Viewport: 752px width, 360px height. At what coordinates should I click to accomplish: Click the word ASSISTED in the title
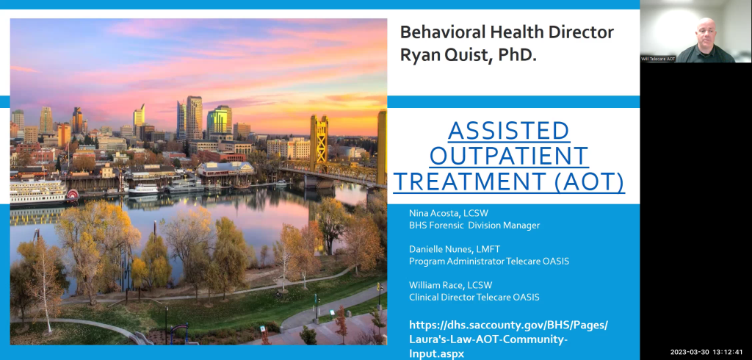[509, 131]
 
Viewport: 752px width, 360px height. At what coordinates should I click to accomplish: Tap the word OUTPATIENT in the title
[509, 156]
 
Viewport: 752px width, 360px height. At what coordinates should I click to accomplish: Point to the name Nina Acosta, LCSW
[449, 213]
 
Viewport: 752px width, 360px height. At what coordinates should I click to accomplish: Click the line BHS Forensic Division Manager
[474, 225]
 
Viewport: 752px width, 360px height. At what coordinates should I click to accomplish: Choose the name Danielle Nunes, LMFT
[455, 249]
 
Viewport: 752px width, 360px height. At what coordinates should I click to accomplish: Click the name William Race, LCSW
[450, 285]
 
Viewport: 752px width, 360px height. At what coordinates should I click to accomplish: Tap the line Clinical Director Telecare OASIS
[474, 297]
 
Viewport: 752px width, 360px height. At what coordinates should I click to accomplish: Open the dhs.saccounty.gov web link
[508, 339]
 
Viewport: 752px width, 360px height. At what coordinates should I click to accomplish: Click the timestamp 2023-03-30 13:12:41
[706, 352]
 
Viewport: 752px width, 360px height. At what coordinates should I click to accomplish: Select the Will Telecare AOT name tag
[658, 59]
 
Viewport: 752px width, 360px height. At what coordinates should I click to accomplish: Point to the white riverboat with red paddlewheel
[44, 192]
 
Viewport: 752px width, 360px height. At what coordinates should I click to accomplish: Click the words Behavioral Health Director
[507, 32]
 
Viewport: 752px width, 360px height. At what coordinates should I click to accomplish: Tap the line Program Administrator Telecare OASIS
[489, 261]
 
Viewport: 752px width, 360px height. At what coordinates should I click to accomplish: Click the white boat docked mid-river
[144, 189]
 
